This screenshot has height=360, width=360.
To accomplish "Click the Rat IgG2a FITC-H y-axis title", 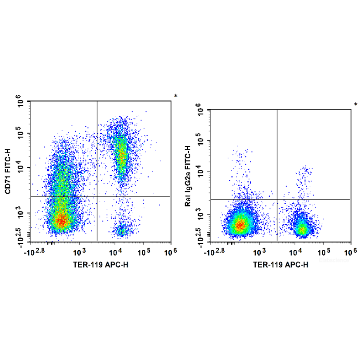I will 189,175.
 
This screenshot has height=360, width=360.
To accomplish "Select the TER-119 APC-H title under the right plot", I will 281,265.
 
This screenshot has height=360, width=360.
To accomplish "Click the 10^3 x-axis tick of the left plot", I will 79,252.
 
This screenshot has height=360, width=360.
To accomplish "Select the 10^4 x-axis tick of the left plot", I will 115,252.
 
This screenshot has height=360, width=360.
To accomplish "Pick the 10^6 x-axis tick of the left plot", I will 170,252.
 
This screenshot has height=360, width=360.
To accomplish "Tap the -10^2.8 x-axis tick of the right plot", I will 215,252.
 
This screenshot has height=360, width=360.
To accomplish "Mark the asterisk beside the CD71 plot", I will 175,96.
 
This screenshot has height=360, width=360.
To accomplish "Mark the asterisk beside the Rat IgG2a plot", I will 355,104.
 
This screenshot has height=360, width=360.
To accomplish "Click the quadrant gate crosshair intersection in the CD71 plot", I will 97,196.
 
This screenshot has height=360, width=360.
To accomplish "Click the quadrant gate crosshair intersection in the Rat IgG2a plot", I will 277,199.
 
